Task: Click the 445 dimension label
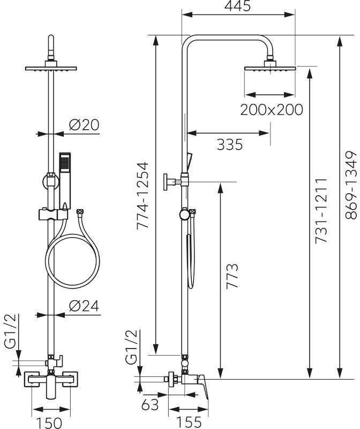tap(237, 5)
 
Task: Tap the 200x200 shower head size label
tap(272, 110)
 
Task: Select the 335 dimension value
tap(230, 144)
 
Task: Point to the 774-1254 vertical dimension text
tap(142, 195)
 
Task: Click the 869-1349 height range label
tap(351, 185)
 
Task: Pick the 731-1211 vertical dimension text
tap(321, 211)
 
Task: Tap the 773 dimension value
tap(232, 276)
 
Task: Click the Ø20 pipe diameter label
tap(84, 125)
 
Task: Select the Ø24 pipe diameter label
tap(84, 306)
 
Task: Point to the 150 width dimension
tap(49, 423)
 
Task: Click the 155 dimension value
tap(189, 423)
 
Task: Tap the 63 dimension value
tap(150, 405)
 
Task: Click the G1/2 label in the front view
tap(11, 331)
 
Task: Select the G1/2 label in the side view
tap(131, 347)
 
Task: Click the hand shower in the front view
tap(65, 181)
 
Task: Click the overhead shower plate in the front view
tap(51, 68)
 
